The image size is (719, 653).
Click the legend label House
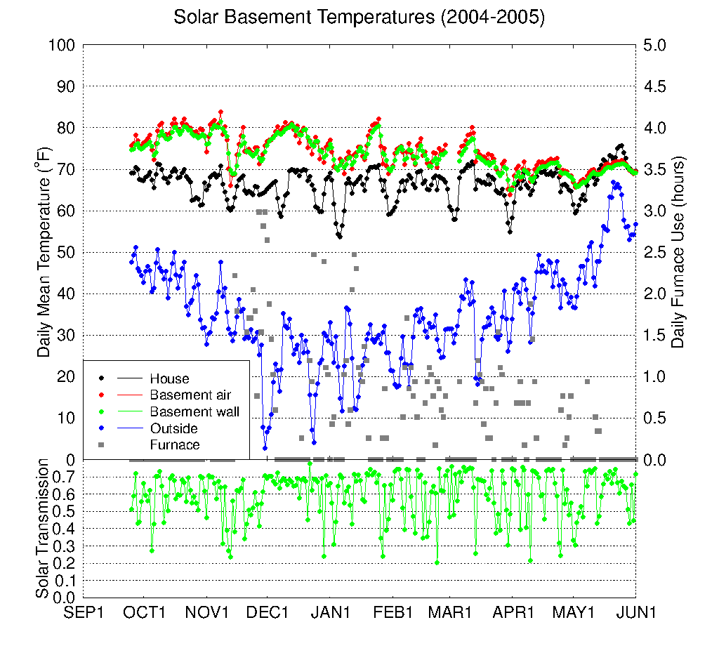[x=169, y=379]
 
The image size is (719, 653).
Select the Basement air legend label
[x=190, y=395]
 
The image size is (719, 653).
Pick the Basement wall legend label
[x=194, y=411]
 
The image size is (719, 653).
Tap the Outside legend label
[x=173, y=428]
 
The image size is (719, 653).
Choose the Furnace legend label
[x=175, y=444]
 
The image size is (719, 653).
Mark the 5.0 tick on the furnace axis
[x=654, y=45]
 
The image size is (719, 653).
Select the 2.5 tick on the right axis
[x=654, y=252]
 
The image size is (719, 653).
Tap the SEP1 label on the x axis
[x=84, y=612]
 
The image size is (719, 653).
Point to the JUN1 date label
[x=636, y=612]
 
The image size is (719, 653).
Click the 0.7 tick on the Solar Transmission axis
[x=65, y=477]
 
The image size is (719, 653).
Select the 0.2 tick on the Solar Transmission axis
[x=65, y=563]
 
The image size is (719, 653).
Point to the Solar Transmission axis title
[x=44, y=529]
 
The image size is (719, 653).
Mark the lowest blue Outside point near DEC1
[x=265, y=447]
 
